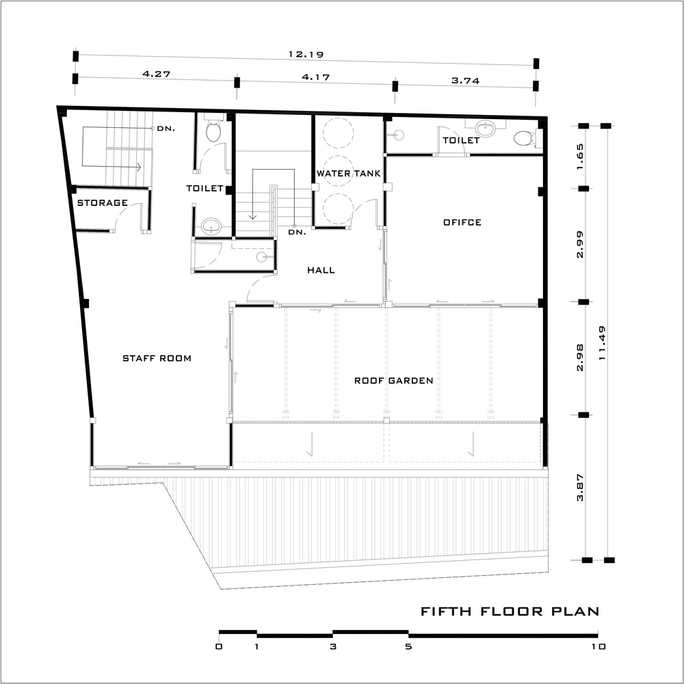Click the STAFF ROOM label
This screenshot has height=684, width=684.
point(157,358)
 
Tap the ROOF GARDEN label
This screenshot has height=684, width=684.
point(393,380)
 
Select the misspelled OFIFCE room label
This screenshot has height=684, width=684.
point(462,222)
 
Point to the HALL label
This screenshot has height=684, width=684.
point(321,270)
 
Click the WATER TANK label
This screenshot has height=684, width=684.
point(349,173)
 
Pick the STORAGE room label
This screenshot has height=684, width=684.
point(103,202)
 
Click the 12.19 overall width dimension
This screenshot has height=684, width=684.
point(306,55)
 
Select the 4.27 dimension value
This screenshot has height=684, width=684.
point(156,74)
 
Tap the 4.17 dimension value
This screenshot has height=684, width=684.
point(316,77)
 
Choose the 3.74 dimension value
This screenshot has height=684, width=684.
point(465,80)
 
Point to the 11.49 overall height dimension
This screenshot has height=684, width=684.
point(603,343)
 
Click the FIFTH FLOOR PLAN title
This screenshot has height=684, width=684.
point(510,611)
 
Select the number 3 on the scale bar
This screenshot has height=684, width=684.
point(333,646)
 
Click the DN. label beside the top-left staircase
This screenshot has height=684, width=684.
point(166,129)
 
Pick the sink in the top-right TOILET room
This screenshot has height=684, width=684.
point(484,129)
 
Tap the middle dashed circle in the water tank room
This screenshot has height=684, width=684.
point(338,170)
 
